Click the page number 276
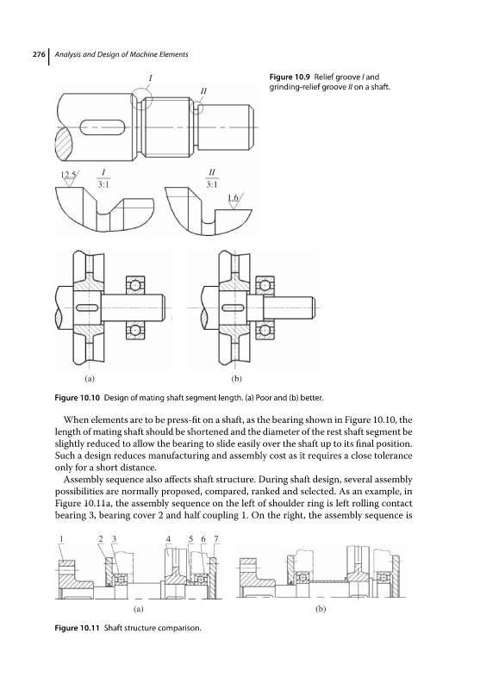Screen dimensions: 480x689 (x=38, y=54)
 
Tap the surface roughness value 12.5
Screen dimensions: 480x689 (x=67, y=175)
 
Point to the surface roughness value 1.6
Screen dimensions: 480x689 (x=234, y=198)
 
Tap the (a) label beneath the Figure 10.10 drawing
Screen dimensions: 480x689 (x=90, y=378)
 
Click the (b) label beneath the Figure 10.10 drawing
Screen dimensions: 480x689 (x=236, y=378)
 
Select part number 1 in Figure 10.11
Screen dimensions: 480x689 (x=61, y=538)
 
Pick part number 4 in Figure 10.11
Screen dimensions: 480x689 (x=168, y=538)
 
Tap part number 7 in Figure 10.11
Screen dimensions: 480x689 (x=215, y=538)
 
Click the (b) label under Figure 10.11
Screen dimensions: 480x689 (x=321, y=610)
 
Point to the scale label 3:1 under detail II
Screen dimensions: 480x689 (x=212, y=184)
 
